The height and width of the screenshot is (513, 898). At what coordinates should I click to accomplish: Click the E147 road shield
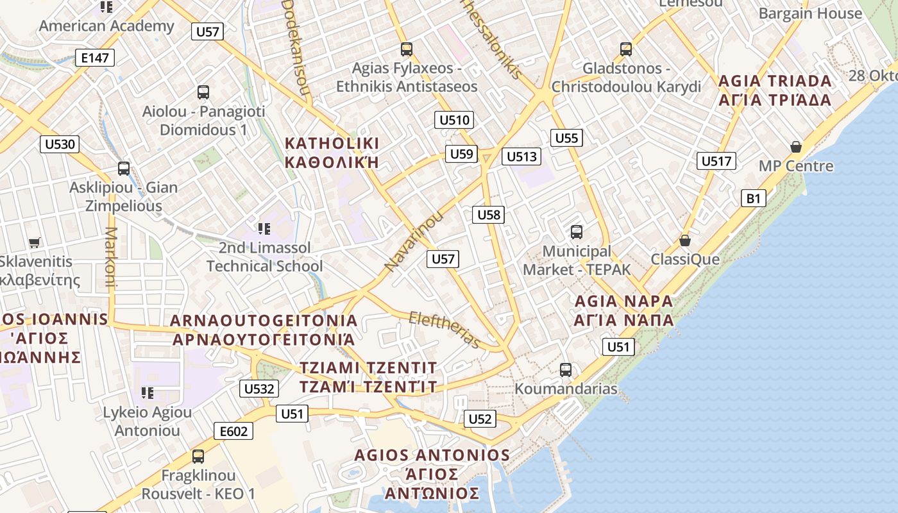point(94,58)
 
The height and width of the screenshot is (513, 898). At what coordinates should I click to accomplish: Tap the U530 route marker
point(60,144)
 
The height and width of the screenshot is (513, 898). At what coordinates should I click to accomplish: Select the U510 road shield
point(455,120)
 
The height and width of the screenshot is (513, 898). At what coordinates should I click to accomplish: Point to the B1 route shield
point(753,198)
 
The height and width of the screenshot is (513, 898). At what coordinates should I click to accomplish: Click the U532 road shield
point(260,388)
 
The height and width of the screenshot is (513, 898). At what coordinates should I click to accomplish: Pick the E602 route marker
point(233,432)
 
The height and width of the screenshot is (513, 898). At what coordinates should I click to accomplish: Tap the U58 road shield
point(489,215)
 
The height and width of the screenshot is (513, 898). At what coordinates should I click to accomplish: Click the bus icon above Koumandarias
point(565,369)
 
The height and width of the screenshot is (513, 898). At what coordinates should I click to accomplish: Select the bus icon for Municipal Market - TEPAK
point(577,232)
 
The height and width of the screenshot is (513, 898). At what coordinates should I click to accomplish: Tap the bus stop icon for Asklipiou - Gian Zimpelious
point(124,169)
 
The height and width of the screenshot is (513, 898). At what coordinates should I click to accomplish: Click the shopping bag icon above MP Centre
point(796,147)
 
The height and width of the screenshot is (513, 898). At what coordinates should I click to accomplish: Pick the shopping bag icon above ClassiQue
point(685,240)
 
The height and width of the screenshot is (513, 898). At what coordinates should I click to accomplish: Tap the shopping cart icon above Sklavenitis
point(35,242)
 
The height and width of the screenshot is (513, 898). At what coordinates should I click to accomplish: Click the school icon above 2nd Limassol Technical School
point(264,228)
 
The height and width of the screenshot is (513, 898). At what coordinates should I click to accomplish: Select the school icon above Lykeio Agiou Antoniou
point(148,392)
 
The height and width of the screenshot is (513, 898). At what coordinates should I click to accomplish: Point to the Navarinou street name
point(414,240)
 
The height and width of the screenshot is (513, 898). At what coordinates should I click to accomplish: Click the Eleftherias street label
point(445,330)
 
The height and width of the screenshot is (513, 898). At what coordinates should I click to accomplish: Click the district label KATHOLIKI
point(332,143)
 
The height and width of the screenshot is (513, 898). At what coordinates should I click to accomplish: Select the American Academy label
point(106,26)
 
